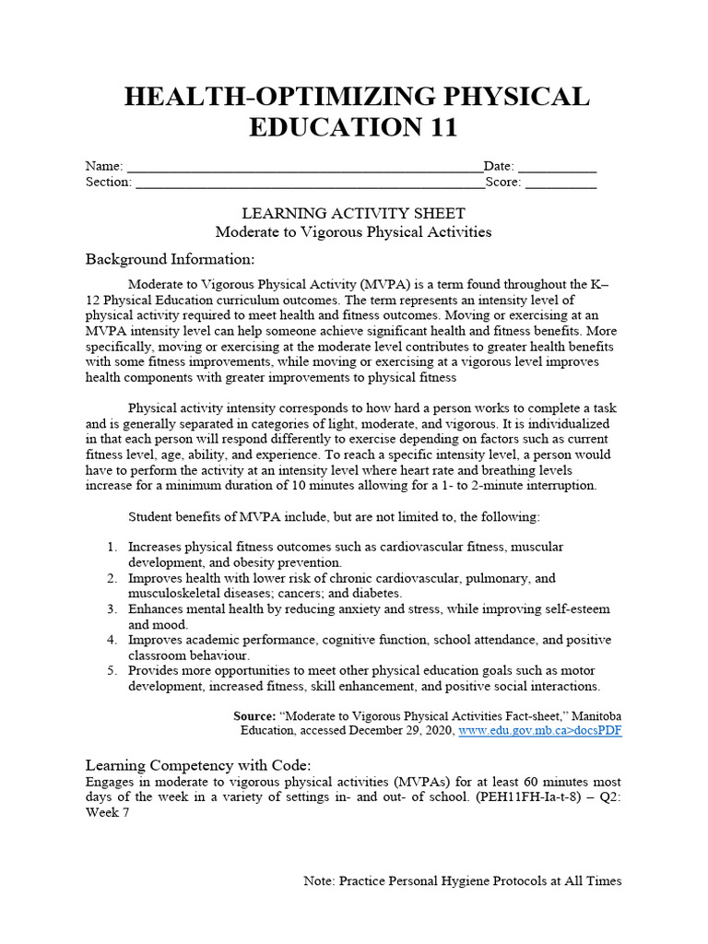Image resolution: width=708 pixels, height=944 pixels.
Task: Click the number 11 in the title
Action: (x=438, y=127)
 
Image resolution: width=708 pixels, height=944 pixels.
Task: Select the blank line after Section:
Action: (x=309, y=184)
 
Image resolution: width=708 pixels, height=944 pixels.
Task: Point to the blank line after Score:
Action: (x=561, y=184)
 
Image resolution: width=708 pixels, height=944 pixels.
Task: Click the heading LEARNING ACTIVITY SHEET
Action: (x=353, y=214)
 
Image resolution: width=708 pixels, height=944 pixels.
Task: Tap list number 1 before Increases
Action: (x=112, y=547)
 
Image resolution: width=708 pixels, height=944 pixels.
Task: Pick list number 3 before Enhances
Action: (x=112, y=609)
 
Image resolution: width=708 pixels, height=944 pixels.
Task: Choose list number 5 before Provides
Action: (x=112, y=670)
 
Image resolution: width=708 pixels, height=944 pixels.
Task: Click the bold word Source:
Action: (x=254, y=715)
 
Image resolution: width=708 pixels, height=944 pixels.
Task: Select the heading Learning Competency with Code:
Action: (x=198, y=765)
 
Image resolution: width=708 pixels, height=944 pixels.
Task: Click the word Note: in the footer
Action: (x=319, y=881)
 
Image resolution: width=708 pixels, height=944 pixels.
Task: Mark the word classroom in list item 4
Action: (x=155, y=655)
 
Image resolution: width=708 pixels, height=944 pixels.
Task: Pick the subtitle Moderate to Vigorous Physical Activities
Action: (x=353, y=231)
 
